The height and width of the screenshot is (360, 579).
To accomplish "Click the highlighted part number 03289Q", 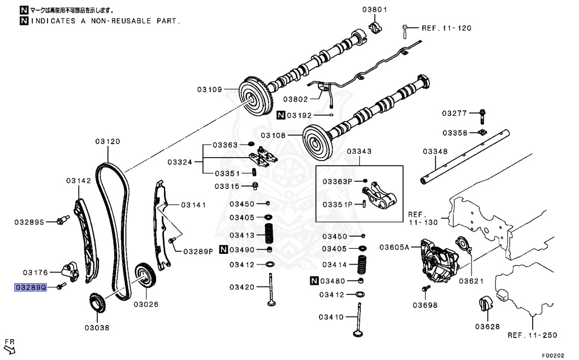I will tap(29, 287).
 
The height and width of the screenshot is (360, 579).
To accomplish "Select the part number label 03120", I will tap(107, 141).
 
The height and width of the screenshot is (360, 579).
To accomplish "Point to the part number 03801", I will tap(374, 10).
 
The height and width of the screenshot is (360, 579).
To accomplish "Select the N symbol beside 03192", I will tap(280, 115).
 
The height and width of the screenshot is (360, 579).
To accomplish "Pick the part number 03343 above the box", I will tap(359, 151).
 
